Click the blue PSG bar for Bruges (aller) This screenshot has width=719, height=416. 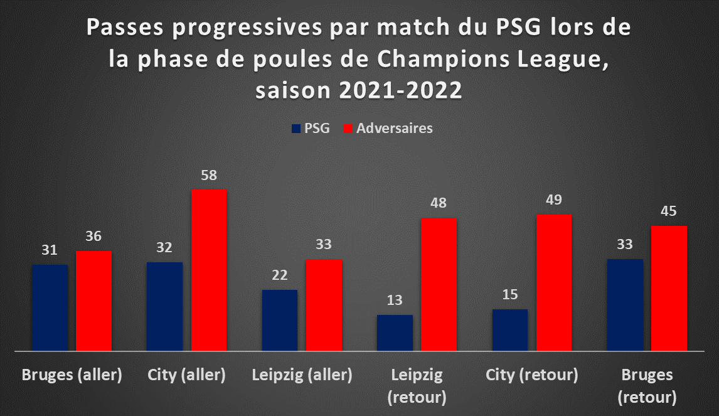50,307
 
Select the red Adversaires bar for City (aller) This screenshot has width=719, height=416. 209,270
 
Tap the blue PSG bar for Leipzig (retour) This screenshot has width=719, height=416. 395,333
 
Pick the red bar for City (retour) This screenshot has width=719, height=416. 554,282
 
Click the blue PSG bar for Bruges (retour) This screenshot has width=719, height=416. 625,305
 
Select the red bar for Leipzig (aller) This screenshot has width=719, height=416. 324,305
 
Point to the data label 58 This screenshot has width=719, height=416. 209,175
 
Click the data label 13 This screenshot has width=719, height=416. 395,300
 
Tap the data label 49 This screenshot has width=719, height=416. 554,200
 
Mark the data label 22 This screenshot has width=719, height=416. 280,275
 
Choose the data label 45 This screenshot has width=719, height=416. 669,211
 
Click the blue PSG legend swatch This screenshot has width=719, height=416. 296,129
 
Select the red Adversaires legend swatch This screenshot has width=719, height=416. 348,129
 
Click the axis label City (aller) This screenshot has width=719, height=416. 186,375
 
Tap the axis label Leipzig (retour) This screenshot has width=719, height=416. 417,386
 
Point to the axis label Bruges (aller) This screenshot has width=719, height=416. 72,375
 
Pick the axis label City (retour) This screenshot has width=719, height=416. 532,375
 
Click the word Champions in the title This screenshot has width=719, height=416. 444,59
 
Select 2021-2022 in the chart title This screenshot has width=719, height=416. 401,90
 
